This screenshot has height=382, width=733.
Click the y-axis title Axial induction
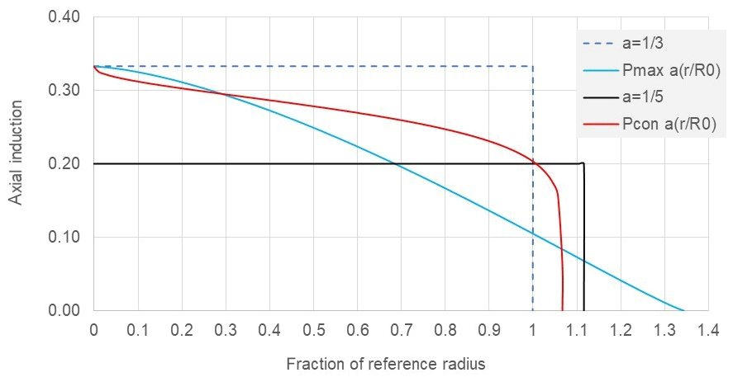pos(16,163)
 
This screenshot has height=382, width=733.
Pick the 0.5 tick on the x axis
pos(313,331)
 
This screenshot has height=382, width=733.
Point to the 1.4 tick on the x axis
pos(707,331)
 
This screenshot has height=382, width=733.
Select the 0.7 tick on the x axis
pos(401,331)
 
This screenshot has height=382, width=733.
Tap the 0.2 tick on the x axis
pos(181,331)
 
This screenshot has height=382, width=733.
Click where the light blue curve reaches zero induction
pos(685,311)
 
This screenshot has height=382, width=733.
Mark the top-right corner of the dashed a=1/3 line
pos(532,66)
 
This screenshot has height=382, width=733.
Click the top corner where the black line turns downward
pos(583,163)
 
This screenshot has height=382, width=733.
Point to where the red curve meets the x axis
pos(562,311)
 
